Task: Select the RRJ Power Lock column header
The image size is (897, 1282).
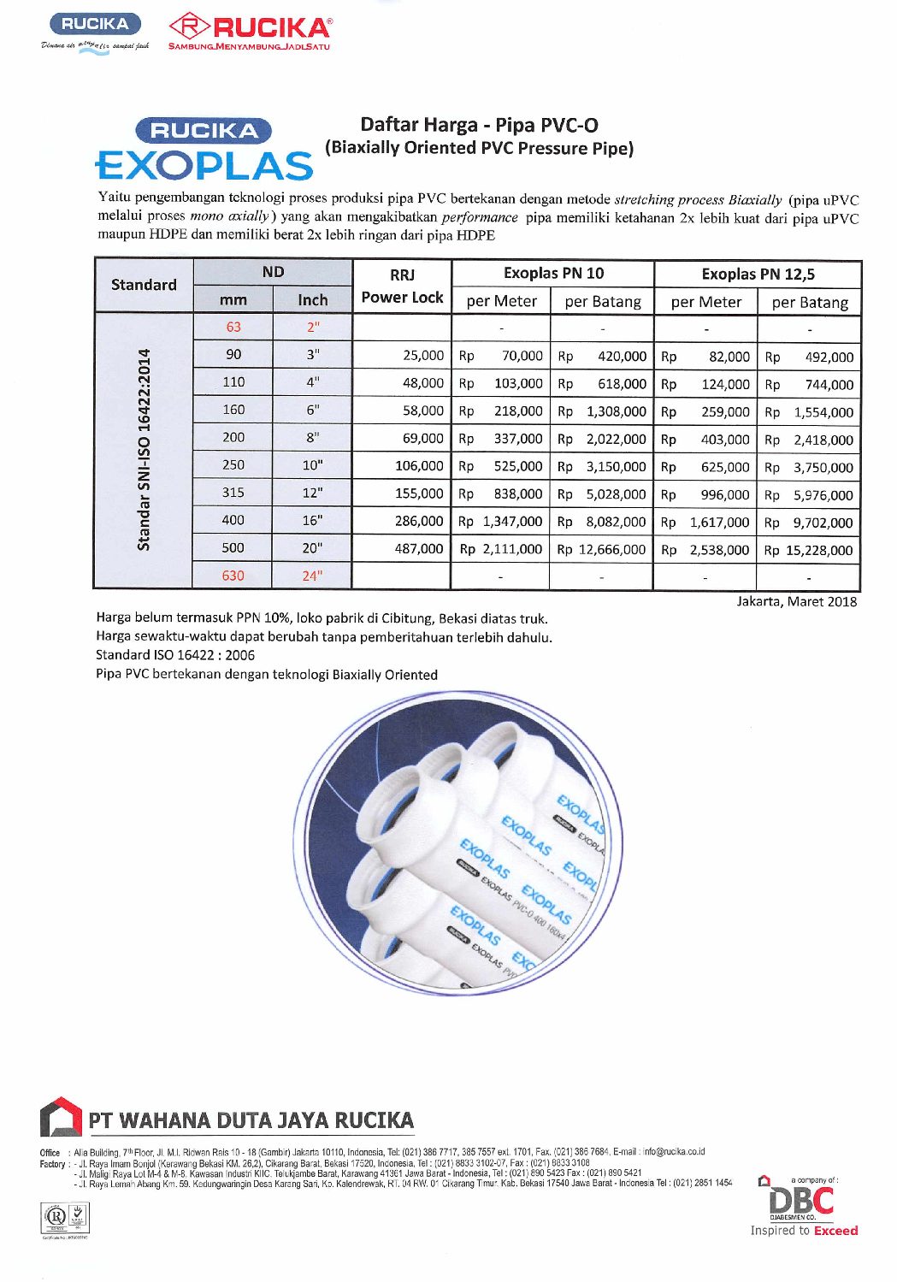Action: click(x=402, y=286)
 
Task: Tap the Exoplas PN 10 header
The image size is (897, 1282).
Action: click(x=553, y=274)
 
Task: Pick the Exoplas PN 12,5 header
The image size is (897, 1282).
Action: click(x=758, y=275)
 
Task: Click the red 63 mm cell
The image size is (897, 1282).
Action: click(x=233, y=327)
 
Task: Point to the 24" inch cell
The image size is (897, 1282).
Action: click(x=312, y=576)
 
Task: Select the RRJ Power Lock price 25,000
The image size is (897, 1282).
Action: click(x=423, y=355)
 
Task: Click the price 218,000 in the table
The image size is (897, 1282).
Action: click(x=518, y=411)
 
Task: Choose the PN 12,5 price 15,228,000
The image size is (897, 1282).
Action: click(x=819, y=550)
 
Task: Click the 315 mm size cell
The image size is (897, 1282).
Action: click(x=233, y=493)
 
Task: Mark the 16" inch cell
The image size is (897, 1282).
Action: click(x=312, y=520)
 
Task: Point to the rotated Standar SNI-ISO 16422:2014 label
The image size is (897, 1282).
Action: click(x=144, y=450)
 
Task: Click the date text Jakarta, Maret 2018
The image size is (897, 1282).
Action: click(x=796, y=601)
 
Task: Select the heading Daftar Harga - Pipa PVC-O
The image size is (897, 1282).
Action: click(x=479, y=125)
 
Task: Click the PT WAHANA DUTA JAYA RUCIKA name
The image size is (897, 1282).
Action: click(x=251, y=1120)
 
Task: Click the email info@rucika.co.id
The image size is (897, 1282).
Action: click(x=674, y=1152)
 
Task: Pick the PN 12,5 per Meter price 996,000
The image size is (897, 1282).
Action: click(x=725, y=494)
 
